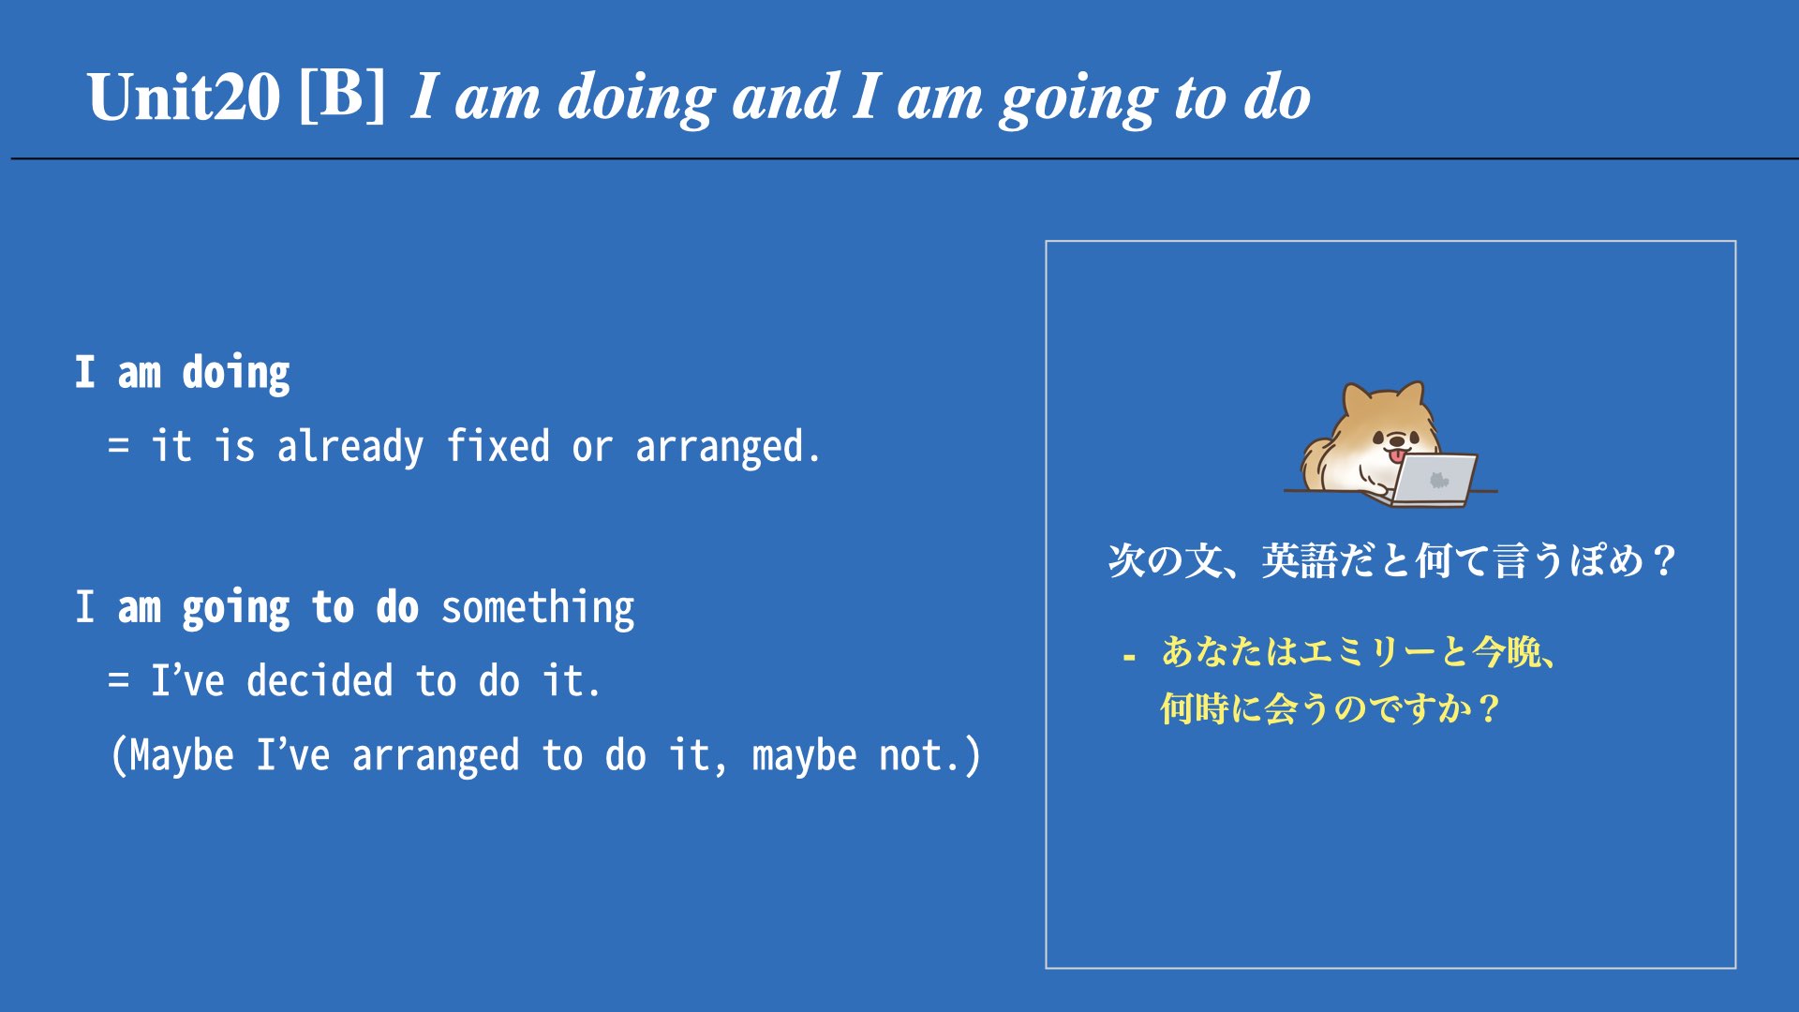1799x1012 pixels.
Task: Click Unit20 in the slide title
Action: click(x=184, y=97)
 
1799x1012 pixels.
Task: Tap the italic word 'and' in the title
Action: click(x=785, y=97)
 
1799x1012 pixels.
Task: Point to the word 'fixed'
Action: click(x=498, y=446)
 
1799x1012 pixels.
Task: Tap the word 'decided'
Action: click(x=320, y=680)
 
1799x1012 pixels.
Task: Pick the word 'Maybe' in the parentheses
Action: click(x=182, y=756)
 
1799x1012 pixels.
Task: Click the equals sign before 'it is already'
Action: click(x=118, y=446)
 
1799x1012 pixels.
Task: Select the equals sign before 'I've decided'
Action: click(x=118, y=680)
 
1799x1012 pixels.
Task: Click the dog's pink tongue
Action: click(x=1397, y=456)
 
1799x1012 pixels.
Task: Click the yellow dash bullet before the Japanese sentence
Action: click(x=1129, y=658)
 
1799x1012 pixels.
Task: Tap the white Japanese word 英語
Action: click(x=1299, y=560)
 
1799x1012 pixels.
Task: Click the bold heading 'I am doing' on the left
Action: click(x=183, y=374)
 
